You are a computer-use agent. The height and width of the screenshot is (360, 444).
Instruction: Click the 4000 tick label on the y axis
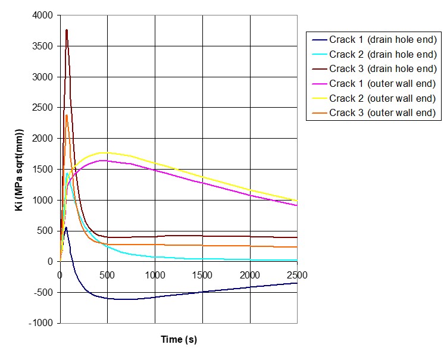(x=43, y=15)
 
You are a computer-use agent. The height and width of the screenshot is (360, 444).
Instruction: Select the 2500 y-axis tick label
(x=43, y=108)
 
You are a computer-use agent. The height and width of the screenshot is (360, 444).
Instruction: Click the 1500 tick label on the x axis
(x=202, y=274)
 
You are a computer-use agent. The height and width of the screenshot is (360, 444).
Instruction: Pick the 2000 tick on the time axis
(x=250, y=274)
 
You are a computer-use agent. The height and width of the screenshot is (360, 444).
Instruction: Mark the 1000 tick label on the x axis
(x=155, y=274)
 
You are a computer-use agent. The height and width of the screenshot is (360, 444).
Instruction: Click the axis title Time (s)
(x=179, y=340)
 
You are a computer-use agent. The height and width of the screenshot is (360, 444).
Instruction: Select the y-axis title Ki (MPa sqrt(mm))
(x=20, y=169)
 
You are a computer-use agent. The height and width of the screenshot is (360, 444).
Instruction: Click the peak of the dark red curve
(x=67, y=30)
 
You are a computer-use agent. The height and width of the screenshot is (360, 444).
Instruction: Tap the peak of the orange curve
(x=67, y=115)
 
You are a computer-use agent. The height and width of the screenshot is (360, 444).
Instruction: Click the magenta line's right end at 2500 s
(x=297, y=205)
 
